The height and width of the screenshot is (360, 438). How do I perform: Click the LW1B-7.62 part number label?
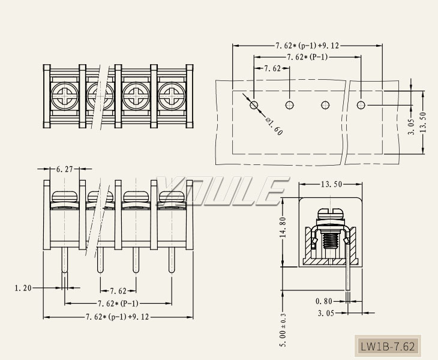(387, 346)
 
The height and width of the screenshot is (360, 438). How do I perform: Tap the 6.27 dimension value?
(64, 170)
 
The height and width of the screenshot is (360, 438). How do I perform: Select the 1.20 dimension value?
(23, 288)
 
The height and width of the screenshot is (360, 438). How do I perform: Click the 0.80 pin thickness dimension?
(324, 301)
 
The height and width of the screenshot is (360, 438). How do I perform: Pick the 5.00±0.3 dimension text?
(284, 329)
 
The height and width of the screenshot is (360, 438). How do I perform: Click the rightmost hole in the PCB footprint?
(361, 105)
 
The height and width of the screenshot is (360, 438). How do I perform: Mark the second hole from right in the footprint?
(325, 105)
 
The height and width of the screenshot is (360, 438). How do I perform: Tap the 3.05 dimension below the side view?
(326, 313)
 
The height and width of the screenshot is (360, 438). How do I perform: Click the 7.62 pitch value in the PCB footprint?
(272, 69)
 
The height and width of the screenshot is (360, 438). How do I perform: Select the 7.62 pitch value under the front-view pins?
(118, 291)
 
